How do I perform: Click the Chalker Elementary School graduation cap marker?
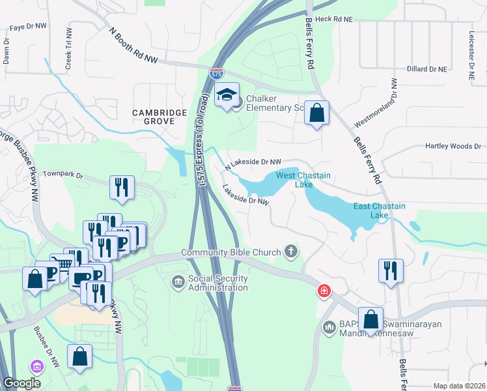227,95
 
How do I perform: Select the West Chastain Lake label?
303,180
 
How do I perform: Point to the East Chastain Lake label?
380,210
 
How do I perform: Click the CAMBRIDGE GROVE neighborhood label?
160,117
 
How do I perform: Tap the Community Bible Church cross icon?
292,252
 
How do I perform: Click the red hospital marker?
323,291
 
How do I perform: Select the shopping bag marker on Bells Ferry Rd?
316,113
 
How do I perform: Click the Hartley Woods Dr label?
453,147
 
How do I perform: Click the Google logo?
22,383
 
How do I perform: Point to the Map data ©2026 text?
458,386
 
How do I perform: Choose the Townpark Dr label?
64,175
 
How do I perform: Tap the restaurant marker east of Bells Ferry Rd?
391,270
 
